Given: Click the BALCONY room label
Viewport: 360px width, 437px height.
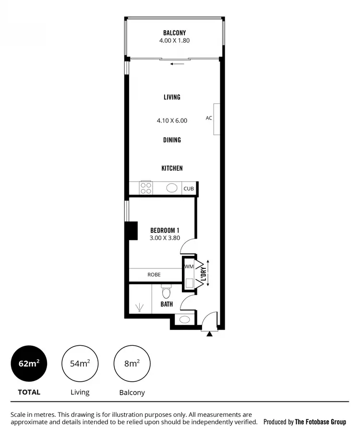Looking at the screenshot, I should (x=174, y=33).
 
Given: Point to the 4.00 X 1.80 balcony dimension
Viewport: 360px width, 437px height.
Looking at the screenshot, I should (x=174, y=41).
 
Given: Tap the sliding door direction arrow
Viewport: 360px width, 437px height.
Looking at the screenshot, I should (x=177, y=63).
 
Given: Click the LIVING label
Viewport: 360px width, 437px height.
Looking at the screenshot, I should (x=172, y=97).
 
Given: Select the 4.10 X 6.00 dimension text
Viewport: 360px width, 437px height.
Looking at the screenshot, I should (x=172, y=121).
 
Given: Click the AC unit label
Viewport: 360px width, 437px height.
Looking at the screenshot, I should (x=209, y=118).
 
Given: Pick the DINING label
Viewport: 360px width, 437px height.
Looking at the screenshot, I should (x=172, y=140).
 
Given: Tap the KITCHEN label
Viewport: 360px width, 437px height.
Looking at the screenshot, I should (x=172, y=168).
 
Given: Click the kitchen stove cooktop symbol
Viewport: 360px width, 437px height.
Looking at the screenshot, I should (x=146, y=188).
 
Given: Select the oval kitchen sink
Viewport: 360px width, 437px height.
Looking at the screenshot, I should (x=172, y=188).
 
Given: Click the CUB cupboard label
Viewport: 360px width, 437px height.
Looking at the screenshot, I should (x=189, y=189).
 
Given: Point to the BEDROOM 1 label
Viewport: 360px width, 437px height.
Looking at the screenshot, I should (x=165, y=230).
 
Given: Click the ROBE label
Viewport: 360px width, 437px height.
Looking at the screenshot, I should (x=154, y=275).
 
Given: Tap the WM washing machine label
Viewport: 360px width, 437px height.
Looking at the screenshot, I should (x=189, y=266).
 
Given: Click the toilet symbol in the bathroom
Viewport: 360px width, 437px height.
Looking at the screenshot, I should (x=166, y=291).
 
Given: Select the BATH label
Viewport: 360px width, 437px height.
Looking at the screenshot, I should (x=167, y=304).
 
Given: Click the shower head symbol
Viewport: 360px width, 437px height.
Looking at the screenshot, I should (x=140, y=307).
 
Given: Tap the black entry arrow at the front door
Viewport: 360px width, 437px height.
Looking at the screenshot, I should (x=209, y=334).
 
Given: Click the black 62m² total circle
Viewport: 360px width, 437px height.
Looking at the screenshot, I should (x=29, y=364).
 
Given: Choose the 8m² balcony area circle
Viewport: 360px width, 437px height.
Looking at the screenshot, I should (x=132, y=364).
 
